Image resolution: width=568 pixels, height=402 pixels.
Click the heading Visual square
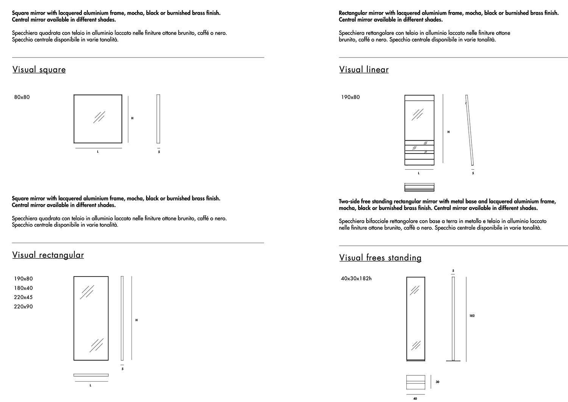(x=39, y=69)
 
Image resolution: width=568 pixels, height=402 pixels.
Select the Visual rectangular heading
(x=48, y=255)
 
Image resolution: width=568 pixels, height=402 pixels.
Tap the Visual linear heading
(x=364, y=69)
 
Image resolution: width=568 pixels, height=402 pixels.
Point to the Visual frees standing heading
(x=380, y=258)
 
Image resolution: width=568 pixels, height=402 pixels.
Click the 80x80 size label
(x=22, y=97)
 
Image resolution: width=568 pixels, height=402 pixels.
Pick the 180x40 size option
(x=23, y=288)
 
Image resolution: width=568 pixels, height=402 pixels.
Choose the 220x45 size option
(x=23, y=297)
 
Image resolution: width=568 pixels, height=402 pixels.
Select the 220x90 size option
(x=23, y=307)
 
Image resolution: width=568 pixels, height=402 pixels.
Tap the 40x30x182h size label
(x=356, y=278)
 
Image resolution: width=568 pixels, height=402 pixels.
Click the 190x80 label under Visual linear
(x=351, y=97)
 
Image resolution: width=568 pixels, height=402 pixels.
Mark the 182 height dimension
(x=472, y=316)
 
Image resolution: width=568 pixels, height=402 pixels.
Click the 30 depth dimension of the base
(x=437, y=382)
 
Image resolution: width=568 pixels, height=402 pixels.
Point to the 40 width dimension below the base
(x=415, y=398)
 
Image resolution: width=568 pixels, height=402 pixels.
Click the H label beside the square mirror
(x=132, y=118)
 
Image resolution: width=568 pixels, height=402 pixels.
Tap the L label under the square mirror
(x=98, y=152)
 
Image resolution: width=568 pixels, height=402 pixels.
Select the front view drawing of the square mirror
(x=98, y=119)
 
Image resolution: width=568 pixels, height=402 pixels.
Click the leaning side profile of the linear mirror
(x=469, y=130)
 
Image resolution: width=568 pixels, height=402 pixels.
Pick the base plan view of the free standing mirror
(x=416, y=382)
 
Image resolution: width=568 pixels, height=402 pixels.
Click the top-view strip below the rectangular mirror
(x=91, y=375)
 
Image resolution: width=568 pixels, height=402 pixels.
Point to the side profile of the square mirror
(x=158, y=119)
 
